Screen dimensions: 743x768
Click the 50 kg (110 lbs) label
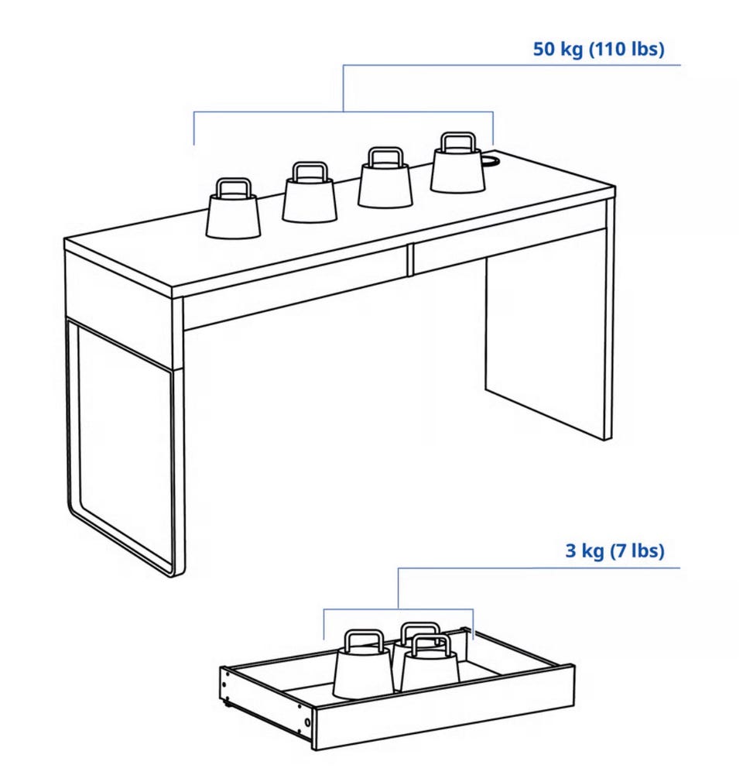(598, 49)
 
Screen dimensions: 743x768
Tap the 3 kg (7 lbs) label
(615, 550)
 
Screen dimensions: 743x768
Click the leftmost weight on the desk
(233, 209)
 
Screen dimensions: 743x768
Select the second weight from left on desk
(310, 192)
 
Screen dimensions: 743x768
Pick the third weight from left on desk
(385, 177)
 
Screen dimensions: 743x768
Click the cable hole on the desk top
(491, 160)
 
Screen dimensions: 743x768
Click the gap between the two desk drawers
(410, 259)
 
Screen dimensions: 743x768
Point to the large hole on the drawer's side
(307, 723)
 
